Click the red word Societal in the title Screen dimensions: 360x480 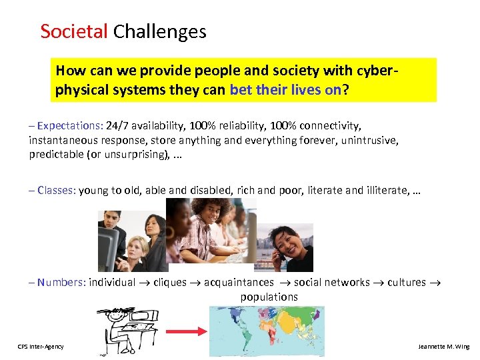point(74,31)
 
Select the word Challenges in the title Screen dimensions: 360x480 point(160,31)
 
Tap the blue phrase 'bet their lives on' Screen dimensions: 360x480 point(285,89)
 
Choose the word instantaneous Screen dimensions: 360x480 point(63,140)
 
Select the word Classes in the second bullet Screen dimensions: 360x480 point(56,190)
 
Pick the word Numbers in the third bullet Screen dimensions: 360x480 point(60,282)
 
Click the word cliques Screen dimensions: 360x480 point(170,282)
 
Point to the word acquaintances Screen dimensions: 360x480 point(239,282)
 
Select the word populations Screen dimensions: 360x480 point(269,297)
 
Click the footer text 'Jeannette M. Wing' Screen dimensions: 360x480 point(443,347)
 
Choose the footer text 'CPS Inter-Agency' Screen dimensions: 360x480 point(41,347)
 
